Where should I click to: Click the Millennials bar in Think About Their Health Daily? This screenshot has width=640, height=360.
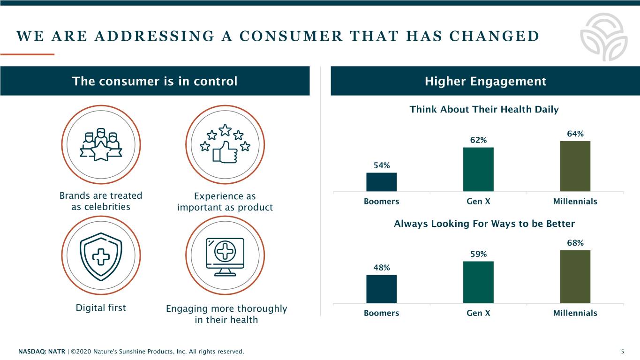pyautogui.click(x=575, y=166)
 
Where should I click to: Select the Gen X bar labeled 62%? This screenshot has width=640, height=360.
pyautogui.click(x=478, y=169)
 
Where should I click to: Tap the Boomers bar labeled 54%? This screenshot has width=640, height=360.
pyautogui.click(x=381, y=182)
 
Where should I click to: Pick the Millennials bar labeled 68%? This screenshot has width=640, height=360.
pyautogui.click(x=575, y=277)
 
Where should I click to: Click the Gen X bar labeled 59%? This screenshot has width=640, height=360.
pyautogui.click(x=478, y=282)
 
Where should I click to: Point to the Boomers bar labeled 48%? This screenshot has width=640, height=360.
pyautogui.click(x=381, y=289)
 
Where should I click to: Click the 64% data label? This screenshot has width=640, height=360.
pyautogui.click(x=575, y=134)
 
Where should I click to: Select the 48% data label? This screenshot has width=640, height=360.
pyautogui.click(x=381, y=268)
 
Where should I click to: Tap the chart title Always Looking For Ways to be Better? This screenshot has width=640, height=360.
pyautogui.click(x=484, y=224)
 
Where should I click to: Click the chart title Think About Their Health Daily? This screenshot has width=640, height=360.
pyautogui.click(x=484, y=110)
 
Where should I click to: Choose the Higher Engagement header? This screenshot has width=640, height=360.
pyautogui.click(x=485, y=82)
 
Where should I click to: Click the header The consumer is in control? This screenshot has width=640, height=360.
pyautogui.click(x=155, y=82)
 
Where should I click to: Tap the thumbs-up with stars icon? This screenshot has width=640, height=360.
pyautogui.click(x=226, y=143)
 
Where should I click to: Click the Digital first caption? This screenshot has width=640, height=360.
pyautogui.click(x=101, y=308)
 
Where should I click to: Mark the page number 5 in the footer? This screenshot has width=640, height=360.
pyautogui.click(x=622, y=352)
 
